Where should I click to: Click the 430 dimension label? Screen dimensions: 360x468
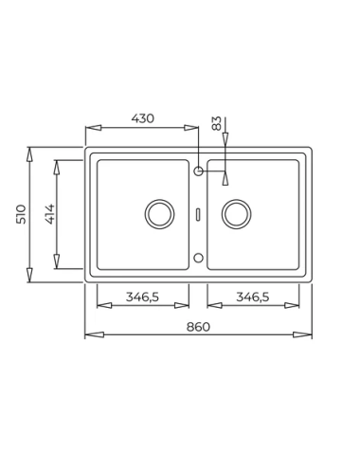143,118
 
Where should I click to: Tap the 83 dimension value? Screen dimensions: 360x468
217,123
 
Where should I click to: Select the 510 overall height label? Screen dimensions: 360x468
21,214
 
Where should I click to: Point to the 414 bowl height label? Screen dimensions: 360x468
49,214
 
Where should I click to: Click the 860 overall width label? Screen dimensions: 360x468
198,327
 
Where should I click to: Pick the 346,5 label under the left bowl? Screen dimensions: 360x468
142,297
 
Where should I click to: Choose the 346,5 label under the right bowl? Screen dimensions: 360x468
253,297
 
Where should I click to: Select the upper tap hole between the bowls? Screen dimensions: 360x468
198,171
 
